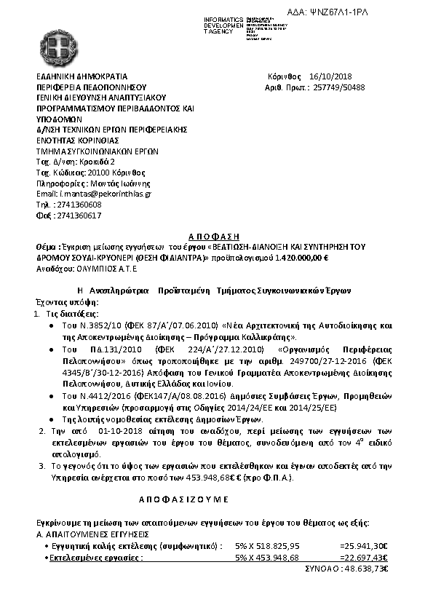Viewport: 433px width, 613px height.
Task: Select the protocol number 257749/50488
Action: coord(355,87)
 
